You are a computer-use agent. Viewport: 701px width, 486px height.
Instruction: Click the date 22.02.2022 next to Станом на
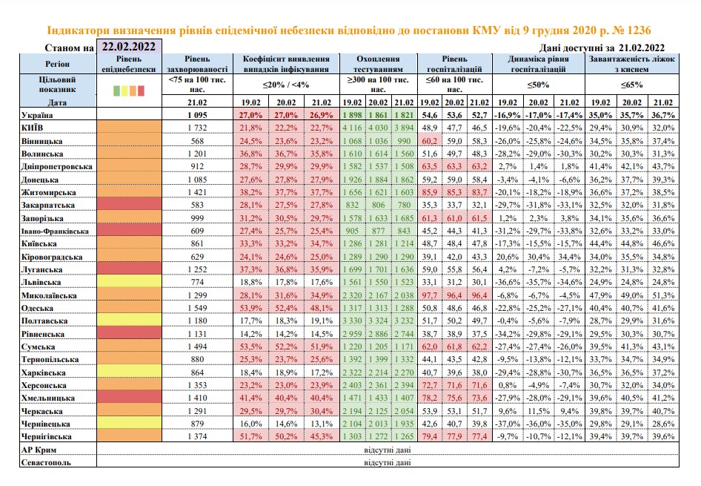pos(129,47)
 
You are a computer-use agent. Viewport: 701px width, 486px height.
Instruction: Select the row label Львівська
pos(41,283)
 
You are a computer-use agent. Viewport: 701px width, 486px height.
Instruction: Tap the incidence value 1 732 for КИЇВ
pos(197,128)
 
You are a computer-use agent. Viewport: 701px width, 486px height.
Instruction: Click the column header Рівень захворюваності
pos(197,64)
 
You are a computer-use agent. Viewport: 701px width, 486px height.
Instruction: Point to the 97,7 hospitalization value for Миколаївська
pos(430,295)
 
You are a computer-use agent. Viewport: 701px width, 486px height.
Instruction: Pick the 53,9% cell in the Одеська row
pos(250,309)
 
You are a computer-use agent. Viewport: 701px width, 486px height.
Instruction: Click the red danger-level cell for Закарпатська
pos(129,205)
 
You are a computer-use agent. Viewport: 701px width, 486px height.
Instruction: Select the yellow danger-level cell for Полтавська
pos(129,321)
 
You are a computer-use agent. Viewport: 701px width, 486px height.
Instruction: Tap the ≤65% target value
pos(631,85)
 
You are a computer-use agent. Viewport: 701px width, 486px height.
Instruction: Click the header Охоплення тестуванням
pos(378,64)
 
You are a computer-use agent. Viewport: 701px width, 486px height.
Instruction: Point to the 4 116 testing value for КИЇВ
pos(352,128)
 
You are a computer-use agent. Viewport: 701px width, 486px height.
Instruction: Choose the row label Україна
pos(37,115)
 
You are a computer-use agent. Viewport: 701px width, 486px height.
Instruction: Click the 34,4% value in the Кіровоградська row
pos(570,257)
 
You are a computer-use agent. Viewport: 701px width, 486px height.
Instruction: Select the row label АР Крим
pos(39,450)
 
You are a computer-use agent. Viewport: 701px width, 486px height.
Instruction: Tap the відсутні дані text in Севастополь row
pos(387,462)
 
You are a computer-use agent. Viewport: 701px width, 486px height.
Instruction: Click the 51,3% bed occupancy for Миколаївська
pos(663,295)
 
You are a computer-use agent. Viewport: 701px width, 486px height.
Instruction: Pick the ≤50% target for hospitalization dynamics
pos(538,85)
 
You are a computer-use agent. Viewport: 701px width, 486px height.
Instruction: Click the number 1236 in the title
pos(639,30)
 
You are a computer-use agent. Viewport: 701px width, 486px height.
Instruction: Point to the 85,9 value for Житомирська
pos(430,192)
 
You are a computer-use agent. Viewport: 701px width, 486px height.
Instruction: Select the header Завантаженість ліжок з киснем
pos(631,64)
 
